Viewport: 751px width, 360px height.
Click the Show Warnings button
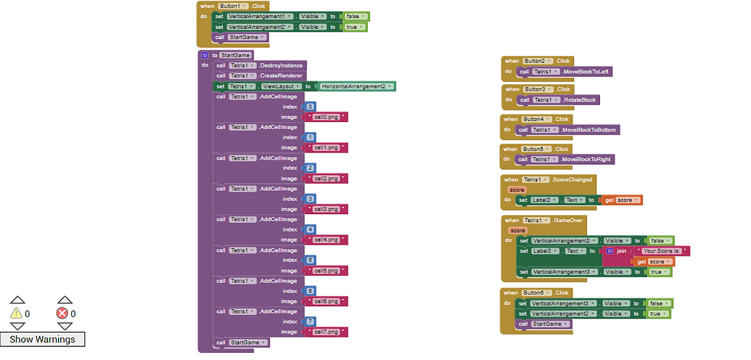42,339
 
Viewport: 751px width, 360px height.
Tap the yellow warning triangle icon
16,314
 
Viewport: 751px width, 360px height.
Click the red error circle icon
62,314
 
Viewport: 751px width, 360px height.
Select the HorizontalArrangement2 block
357,86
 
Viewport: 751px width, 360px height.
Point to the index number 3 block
311,198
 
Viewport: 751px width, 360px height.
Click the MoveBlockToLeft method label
585,72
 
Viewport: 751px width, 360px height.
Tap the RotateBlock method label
580,99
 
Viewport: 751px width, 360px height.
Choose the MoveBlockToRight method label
587,159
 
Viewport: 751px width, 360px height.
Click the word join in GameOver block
621,251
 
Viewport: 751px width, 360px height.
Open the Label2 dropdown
545,200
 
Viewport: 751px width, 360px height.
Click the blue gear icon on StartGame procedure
205,55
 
